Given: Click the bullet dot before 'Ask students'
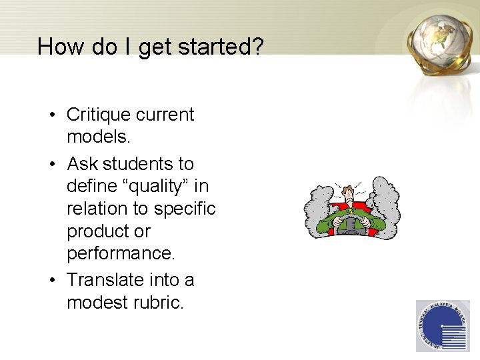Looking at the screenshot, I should pos(51,164).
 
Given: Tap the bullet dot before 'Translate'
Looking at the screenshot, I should pos(51,280).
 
